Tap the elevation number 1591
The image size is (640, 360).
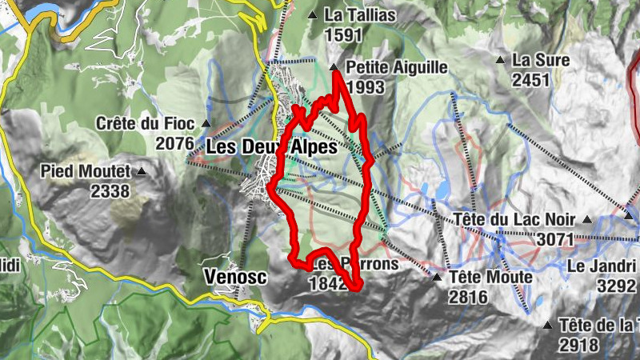[x=344, y=34]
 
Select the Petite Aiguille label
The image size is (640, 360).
[x=398, y=68]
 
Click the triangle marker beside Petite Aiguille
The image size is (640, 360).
[x=334, y=67]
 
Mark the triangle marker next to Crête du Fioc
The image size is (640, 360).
[x=206, y=124]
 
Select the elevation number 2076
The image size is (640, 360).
[x=175, y=143]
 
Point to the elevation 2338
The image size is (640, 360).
[x=110, y=190]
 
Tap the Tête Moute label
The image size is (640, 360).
[x=491, y=278]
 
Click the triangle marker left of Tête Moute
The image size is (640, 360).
[x=437, y=278]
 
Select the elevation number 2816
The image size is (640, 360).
[x=468, y=297]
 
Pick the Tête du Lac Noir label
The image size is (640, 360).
[x=515, y=219]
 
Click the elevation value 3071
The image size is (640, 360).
[x=556, y=238]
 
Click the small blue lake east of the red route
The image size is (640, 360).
[x=441, y=190]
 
